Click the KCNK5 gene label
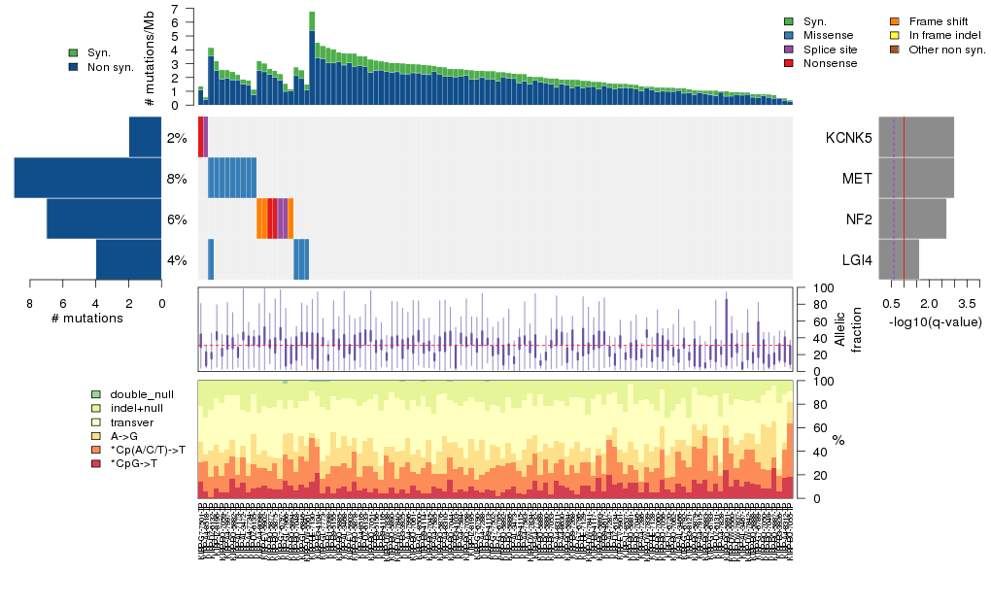click(848, 138)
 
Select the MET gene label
click(856, 179)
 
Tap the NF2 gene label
click(858, 219)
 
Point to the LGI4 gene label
click(856, 260)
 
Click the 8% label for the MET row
click(176, 179)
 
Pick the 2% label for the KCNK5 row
click(176, 138)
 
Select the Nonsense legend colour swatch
click(789, 63)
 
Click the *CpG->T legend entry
click(135, 464)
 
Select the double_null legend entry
click(142, 395)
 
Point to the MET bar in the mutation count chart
click(87, 178)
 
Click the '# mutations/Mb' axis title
click(150, 56)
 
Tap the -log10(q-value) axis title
click(935, 321)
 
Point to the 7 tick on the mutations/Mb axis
click(174, 9)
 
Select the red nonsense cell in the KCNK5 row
click(200, 137)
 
